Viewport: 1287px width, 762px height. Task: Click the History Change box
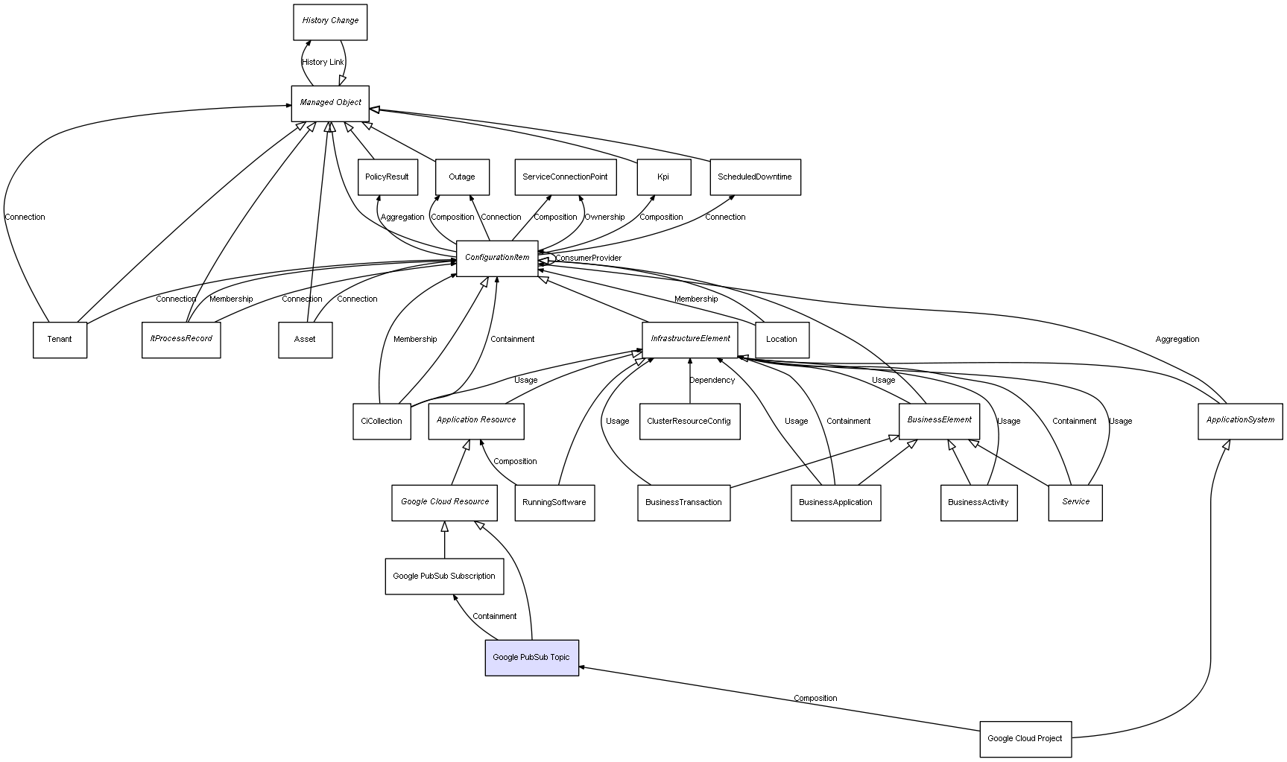330,22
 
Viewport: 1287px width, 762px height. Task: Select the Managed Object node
330,103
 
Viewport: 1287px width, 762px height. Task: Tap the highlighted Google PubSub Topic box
531,658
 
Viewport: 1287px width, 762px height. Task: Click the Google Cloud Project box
1025,739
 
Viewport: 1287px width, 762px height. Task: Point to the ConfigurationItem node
497,258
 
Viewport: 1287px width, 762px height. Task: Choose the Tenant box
60,340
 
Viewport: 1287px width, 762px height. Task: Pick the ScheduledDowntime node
755,177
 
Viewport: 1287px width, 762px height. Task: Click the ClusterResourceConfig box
689,422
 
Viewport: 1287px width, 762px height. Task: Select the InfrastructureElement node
690,339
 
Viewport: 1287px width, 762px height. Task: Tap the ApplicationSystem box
1240,421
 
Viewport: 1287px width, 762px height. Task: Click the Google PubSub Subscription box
444,577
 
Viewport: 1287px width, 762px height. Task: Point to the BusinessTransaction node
683,503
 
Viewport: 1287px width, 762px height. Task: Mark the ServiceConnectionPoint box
565,177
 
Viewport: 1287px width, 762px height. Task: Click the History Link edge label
323,63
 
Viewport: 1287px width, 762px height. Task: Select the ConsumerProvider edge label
588,258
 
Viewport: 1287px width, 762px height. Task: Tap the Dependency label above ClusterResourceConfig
712,381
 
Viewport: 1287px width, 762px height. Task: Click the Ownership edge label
604,218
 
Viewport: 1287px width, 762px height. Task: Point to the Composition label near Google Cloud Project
815,699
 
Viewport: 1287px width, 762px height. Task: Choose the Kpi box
663,177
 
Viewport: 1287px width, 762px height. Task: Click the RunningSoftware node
554,503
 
